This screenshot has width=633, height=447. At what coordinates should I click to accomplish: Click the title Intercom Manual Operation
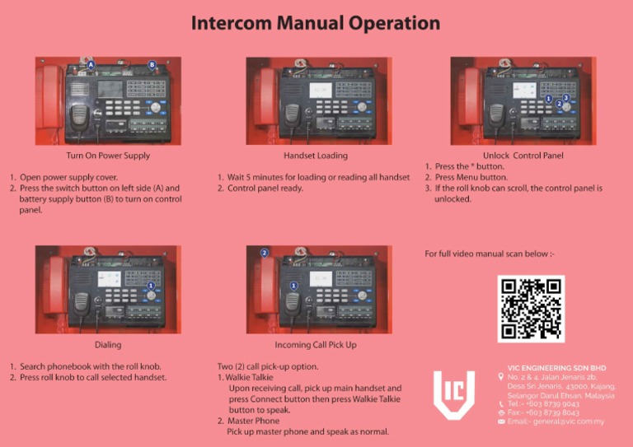pos(316,23)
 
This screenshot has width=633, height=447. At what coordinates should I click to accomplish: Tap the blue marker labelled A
pos(91,63)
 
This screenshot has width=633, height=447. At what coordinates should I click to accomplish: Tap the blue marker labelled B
pos(152,64)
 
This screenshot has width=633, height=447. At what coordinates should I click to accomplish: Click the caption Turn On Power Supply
pos(108,155)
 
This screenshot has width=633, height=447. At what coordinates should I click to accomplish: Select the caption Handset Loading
pos(316,155)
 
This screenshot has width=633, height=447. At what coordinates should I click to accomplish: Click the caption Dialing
pos(108,345)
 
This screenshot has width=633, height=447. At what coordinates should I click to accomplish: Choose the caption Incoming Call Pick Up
pos(316,345)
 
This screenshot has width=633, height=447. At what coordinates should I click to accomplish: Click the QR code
pos(531,308)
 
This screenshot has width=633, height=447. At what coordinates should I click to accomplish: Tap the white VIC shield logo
pos(454,394)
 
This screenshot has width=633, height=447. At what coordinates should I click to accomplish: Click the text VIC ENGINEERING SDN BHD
pos(556,368)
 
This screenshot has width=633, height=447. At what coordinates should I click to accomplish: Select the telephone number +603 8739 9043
pos(549,404)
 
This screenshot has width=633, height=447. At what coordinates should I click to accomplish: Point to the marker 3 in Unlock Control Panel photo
pos(566,98)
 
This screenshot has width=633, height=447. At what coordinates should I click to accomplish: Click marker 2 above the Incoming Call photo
pos(264,252)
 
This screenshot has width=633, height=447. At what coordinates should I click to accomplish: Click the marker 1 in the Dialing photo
pos(151,286)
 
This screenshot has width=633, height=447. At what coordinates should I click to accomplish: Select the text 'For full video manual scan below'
pos(489,254)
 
